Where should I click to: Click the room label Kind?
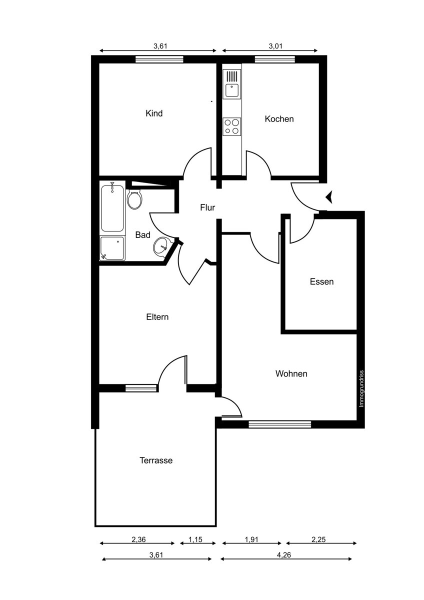[x=154, y=113]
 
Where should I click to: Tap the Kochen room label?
[x=279, y=119]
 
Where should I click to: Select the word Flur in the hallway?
[x=207, y=207]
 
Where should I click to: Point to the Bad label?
[x=143, y=235]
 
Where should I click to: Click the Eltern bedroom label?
[x=157, y=317]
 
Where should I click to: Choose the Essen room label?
[x=321, y=281]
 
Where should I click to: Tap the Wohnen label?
[x=291, y=373]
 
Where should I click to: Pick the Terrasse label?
[x=156, y=460]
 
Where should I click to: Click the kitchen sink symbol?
[x=231, y=83]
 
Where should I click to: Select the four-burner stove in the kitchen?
[x=231, y=126]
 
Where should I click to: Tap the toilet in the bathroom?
[x=134, y=199]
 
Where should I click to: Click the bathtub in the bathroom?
[x=112, y=208]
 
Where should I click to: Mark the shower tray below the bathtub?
[x=112, y=248]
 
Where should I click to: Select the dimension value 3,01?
[x=275, y=46]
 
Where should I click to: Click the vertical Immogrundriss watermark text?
[x=361, y=388]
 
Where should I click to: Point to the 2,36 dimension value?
[x=139, y=539]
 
